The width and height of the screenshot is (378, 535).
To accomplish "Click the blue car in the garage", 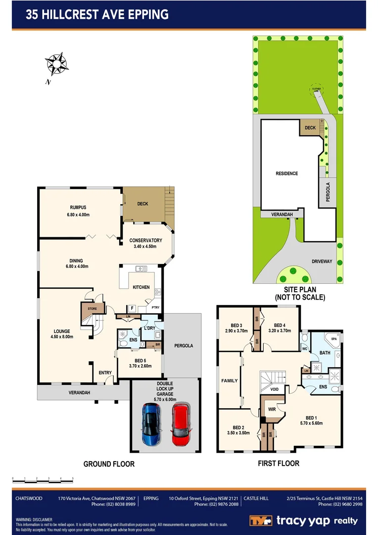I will (151, 424).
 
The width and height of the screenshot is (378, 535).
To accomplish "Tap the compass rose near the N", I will (56, 63).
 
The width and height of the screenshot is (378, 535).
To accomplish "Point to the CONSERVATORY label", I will (145, 241).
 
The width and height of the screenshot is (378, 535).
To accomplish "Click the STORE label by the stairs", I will (93, 309).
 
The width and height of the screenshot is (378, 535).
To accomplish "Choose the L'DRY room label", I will (150, 328).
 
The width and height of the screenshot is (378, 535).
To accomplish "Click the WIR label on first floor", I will (271, 409).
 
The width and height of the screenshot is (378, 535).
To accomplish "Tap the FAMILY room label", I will (229, 380).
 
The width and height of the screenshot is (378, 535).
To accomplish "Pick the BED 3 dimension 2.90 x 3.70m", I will (236, 330).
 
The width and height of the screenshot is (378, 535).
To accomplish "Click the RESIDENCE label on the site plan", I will (287, 173).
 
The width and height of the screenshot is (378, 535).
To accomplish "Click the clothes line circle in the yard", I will (316, 89).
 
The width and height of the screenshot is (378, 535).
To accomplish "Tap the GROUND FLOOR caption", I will (109, 464).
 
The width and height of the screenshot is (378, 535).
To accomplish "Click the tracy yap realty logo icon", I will (261, 521).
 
